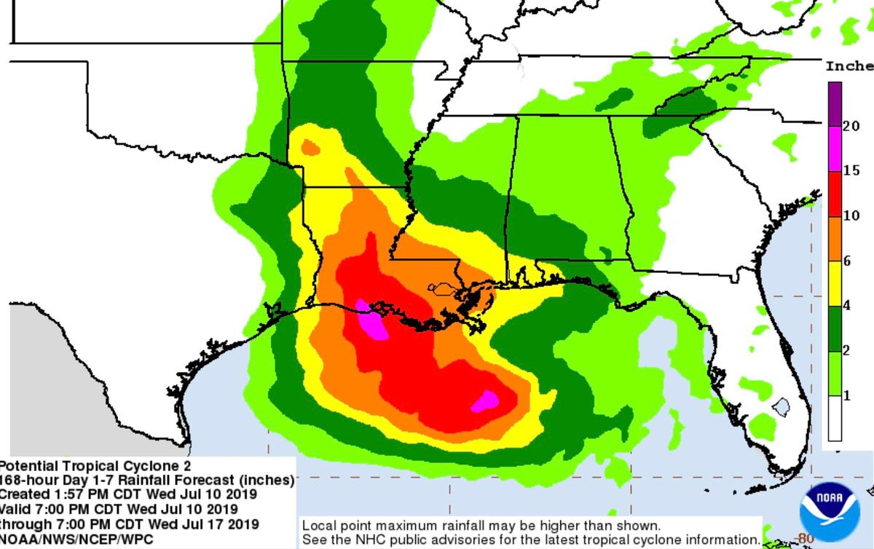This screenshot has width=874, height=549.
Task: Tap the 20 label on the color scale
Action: coord(851,126)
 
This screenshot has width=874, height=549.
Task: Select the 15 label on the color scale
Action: coord(851,171)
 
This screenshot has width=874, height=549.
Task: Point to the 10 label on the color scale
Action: coord(851,216)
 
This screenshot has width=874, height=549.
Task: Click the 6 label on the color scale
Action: coord(847,261)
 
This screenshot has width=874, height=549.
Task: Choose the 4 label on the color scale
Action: coord(847,306)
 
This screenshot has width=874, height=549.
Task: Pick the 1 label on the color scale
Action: coord(847,395)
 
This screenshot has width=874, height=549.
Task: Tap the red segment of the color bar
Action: coord(834,194)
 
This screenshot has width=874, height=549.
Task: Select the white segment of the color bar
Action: coord(834,419)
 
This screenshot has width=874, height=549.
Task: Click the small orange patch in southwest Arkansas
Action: coord(310,147)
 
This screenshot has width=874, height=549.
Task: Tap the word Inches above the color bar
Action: coord(849,66)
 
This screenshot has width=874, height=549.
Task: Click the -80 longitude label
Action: coord(805,538)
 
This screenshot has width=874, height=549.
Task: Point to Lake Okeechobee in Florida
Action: coord(781,406)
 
